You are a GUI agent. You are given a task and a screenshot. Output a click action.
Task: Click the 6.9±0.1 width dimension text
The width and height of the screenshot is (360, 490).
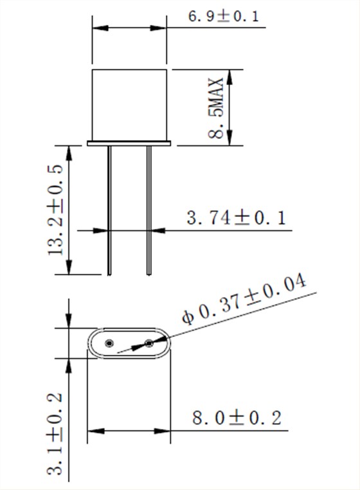(223, 16)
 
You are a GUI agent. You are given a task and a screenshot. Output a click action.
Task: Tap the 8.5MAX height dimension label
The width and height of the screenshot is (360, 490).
(216, 107)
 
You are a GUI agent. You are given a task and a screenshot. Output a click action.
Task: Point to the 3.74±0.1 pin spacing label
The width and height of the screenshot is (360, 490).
(235, 217)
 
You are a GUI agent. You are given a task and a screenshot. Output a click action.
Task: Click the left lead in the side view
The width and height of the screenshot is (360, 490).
(110, 210)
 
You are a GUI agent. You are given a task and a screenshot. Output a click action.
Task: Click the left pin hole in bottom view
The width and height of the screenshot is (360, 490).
(109, 343)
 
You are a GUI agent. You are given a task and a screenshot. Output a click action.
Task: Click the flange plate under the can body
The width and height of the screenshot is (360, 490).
(129, 143)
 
